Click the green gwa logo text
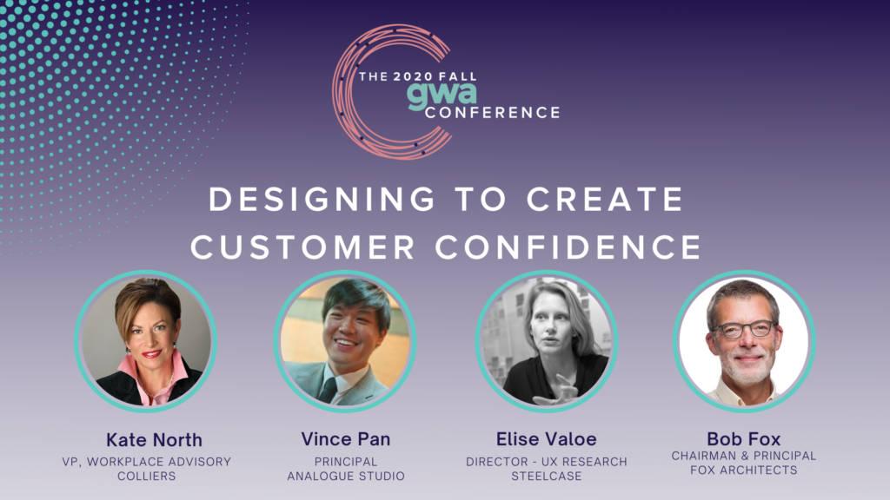[442, 95]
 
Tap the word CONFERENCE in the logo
[493, 113]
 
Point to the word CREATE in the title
[605, 200]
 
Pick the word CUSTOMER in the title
[302, 247]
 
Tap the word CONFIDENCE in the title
[568, 247]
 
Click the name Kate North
[154, 440]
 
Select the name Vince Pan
[346, 439]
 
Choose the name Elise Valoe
[546, 439]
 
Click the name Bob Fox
[744, 438]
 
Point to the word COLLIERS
[146, 477]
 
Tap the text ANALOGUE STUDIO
[346, 477]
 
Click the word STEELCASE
[546, 477]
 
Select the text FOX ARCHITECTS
[744, 470]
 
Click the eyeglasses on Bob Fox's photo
[744, 329]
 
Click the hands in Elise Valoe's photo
[557, 391]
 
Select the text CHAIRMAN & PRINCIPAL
[744, 456]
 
